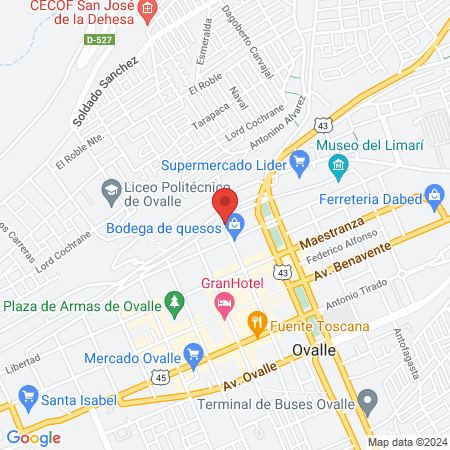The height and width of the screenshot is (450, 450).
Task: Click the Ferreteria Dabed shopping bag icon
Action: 434,197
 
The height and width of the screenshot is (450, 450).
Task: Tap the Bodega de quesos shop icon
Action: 234,227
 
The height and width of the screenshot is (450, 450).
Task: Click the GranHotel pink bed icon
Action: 226,301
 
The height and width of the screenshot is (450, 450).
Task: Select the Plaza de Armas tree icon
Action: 175,300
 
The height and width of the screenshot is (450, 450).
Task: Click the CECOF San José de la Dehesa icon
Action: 149,12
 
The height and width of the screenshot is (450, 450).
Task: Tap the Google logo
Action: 33,438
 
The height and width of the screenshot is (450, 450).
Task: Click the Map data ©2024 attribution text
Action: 406,442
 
